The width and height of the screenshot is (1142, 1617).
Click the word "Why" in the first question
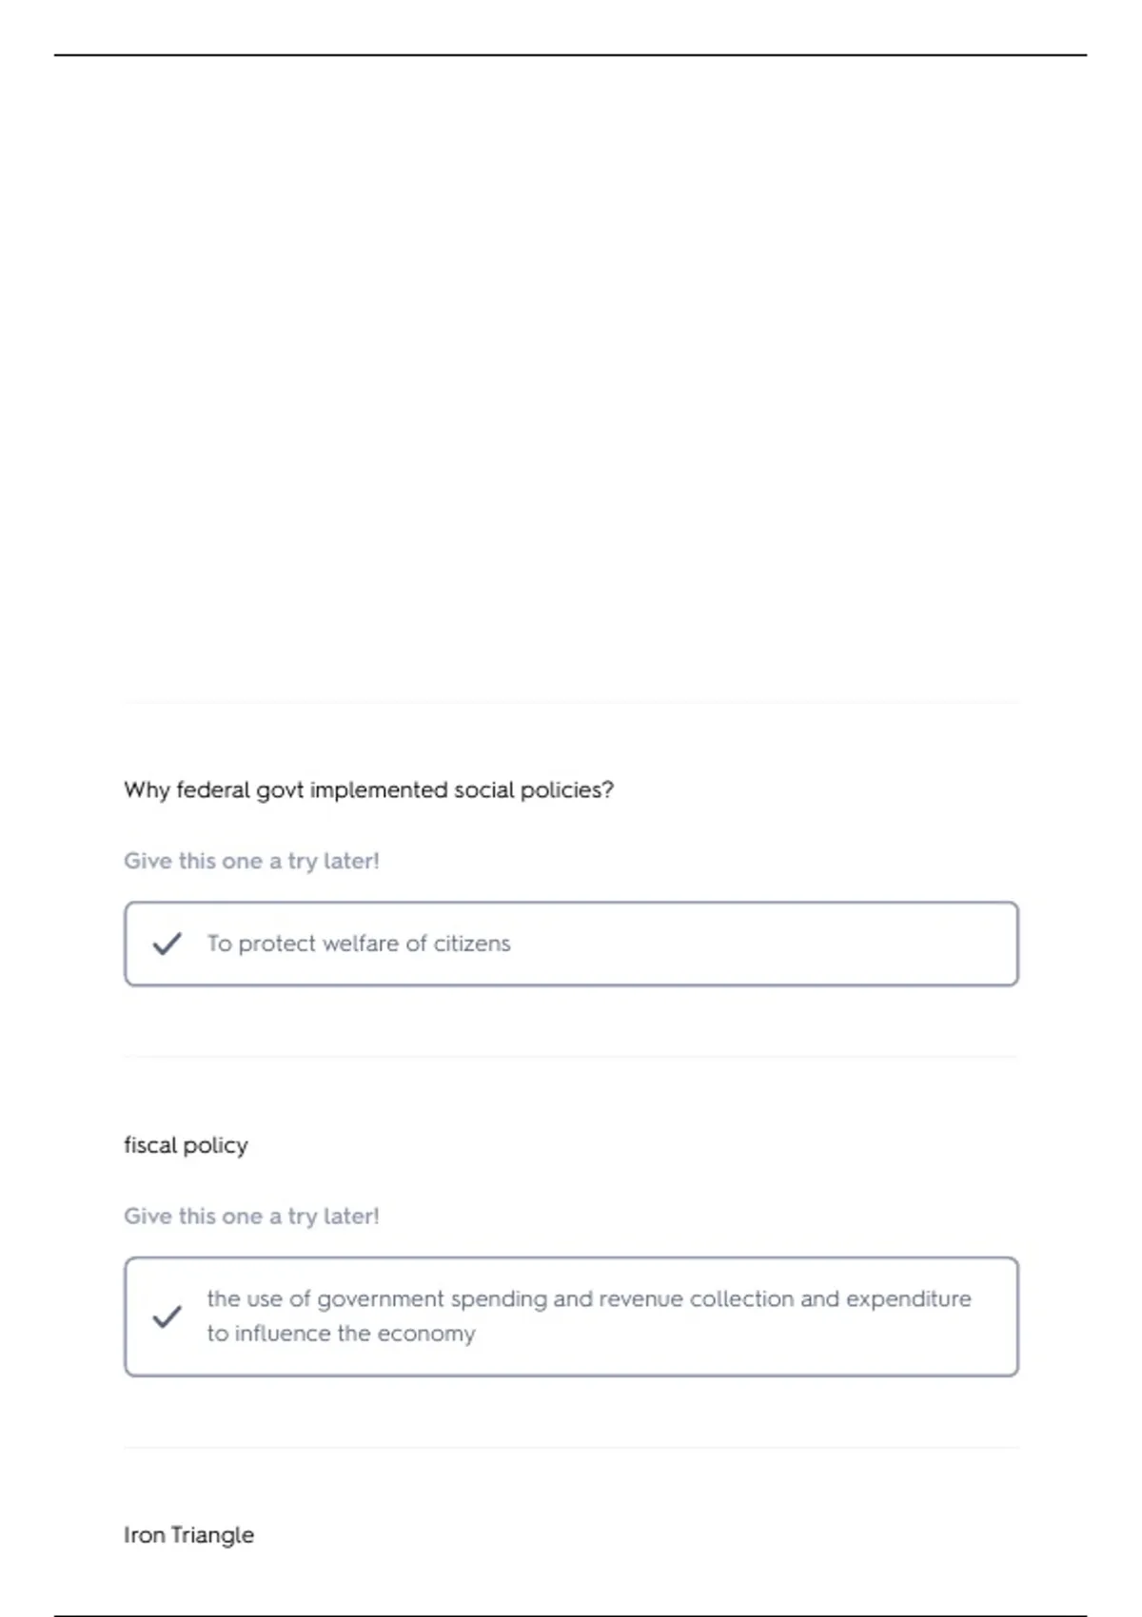147,790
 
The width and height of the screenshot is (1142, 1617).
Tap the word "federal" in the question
213,790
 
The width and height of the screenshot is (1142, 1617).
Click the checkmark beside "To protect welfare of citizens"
167,944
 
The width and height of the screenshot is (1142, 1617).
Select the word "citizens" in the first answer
472,944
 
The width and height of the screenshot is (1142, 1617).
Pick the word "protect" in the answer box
276,944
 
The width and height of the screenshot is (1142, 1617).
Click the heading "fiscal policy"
186,1145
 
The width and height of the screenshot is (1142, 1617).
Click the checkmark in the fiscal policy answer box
167,1316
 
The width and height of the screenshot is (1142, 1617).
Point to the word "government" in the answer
380,1299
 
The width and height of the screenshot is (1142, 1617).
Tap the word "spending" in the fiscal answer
499,1299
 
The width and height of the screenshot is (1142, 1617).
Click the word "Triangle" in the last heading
212,1535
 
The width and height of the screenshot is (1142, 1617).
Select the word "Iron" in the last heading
144,1535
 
